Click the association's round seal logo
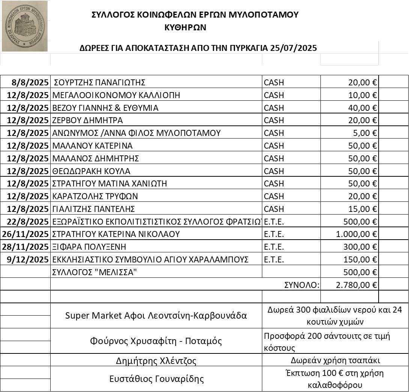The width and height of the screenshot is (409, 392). coord(24,26)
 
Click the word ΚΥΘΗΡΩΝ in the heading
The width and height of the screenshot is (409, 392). coord(185,27)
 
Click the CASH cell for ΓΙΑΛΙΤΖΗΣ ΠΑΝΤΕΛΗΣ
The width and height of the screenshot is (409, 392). coord(274,209)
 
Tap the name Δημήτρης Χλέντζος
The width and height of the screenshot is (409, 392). coord(156,361)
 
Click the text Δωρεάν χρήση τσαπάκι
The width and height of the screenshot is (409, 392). coord(335,361)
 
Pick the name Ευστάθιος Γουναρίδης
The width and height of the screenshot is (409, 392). coord(156,379)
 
